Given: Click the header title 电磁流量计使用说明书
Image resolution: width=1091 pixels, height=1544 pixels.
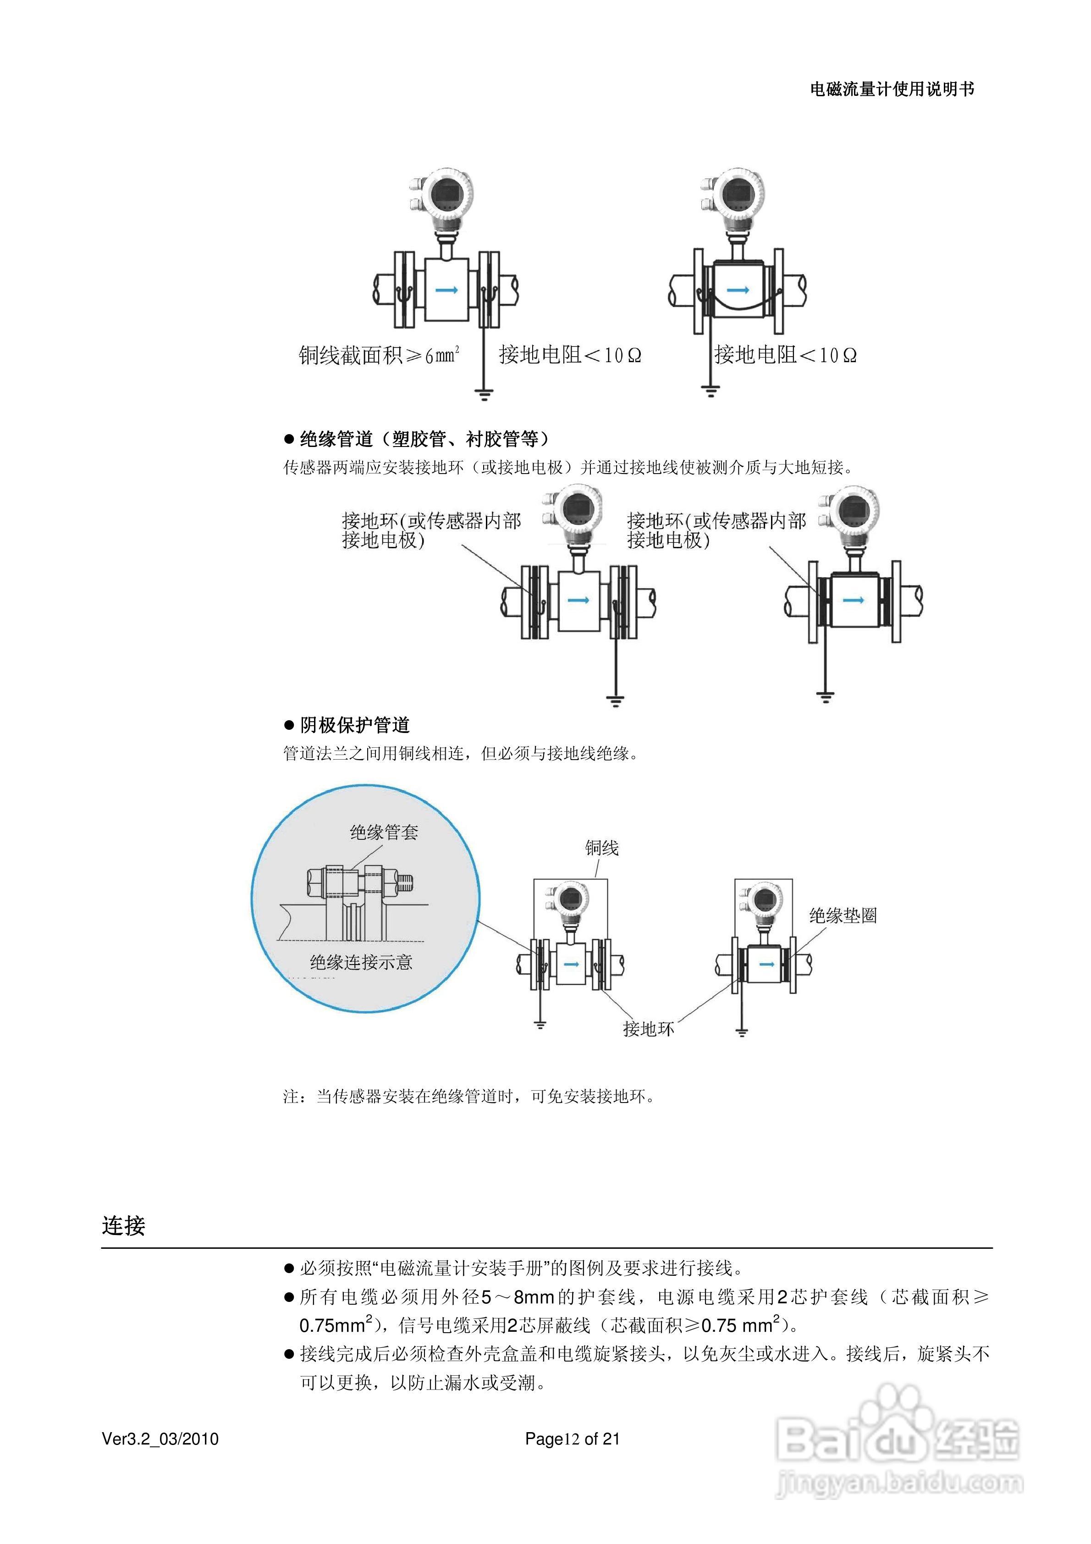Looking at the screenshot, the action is click(x=892, y=89).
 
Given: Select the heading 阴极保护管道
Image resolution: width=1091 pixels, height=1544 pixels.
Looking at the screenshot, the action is click(x=354, y=725).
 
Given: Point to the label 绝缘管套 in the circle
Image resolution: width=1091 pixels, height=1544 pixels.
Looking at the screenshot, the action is click(x=383, y=833).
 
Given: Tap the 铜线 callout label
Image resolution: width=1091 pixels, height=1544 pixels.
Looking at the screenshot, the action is click(x=601, y=848).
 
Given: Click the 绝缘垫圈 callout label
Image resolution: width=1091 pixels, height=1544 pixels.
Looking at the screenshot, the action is click(x=843, y=915).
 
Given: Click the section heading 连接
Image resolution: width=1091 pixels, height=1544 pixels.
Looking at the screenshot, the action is click(x=124, y=1226).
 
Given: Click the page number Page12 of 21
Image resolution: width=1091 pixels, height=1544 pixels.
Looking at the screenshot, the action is click(x=572, y=1439).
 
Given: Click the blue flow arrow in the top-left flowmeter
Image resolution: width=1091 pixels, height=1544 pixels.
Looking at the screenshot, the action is click(x=446, y=290).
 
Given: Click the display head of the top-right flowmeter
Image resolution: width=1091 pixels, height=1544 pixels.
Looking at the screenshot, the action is click(x=738, y=193).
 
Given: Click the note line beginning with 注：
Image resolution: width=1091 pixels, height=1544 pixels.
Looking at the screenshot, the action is click(x=469, y=1097).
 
